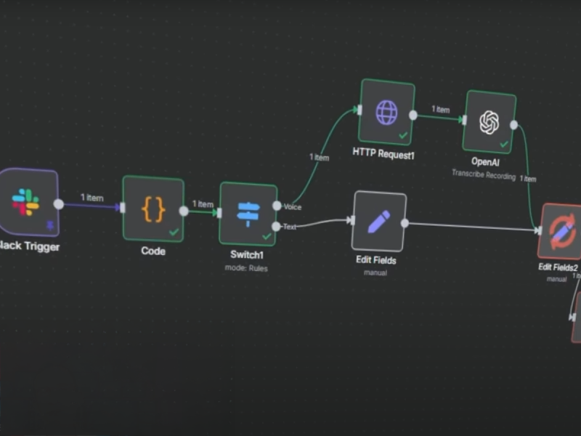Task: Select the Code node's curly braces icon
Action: pyautogui.click(x=153, y=209)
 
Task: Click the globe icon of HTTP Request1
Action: pyautogui.click(x=386, y=112)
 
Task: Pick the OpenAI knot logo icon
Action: pyautogui.click(x=489, y=122)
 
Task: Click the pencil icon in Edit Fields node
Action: pyautogui.click(x=379, y=221)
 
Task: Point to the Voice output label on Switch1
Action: pyautogui.click(x=293, y=207)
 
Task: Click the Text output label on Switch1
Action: pyautogui.click(x=290, y=227)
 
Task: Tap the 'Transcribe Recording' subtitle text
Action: pyautogui.click(x=483, y=175)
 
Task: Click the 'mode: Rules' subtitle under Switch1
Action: pyautogui.click(x=246, y=268)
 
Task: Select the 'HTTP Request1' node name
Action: pyautogui.click(x=383, y=153)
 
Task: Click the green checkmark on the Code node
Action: pyautogui.click(x=174, y=232)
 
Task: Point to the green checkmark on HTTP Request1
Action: pyautogui.click(x=403, y=135)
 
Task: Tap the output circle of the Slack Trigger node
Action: pyautogui.click(x=59, y=204)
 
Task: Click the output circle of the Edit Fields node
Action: pyautogui.click(x=405, y=223)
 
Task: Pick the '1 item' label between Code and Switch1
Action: pyautogui.click(x=203, y=204)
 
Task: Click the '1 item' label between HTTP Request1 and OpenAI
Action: pyautogui.click(x=441, y=110)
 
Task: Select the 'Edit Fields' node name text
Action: pyautogui.click(x=376, y=259)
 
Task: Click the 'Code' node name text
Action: pyautogui.click(x=153, y=251)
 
